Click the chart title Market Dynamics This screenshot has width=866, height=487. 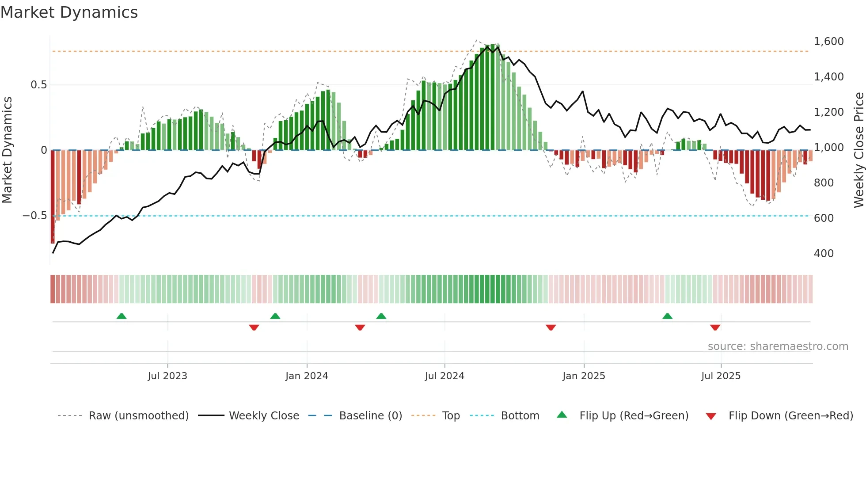pyautogui.click(x=69, y=12)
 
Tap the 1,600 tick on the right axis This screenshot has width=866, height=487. pyautogui.click(x=828, y=42)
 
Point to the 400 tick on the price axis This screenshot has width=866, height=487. pyautogui.click(x=824, y=254)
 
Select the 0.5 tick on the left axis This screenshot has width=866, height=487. pyautogui.click(x=38, y=85)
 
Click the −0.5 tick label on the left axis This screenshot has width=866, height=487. pyautogui.click(x=35, y=216)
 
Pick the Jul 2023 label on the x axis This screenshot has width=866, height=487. pyautogui.click(x=167, y=376)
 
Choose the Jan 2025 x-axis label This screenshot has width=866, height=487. pyautogui.click(x=584, y=376)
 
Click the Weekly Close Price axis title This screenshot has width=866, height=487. pyautogui.click(x=858, y=150)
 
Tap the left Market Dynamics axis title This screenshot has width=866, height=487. pyautogui.click(x=7, y=150)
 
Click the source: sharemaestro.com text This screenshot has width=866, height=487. pyautogui.click(x=778, y=346)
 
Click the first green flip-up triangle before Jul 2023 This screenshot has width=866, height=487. pyautogui.click(x=122, y=316)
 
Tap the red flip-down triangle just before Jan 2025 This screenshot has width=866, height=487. pyautogui.click(x=551, y=327)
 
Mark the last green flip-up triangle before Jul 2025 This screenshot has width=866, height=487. pyautogui.click(x=667, y=316)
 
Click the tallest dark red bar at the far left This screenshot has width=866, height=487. pyautogui.click(x=53, y=197)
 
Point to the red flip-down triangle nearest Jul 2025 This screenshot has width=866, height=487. pyautogui.click(x=715, y=327)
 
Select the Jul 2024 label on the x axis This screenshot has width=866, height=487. pyautogui.click(x=444, y=376)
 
